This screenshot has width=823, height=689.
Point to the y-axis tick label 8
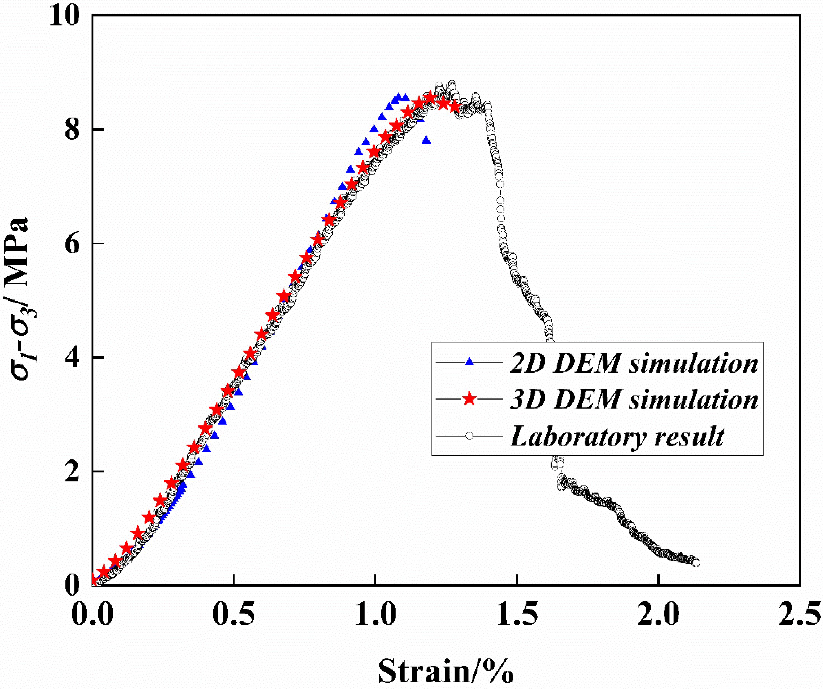72,129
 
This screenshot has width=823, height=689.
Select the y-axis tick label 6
72,243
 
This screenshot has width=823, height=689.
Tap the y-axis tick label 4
72,357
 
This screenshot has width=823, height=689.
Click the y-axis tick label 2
72,471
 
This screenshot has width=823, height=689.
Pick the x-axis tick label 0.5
233,614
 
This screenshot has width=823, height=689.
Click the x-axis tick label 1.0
375,614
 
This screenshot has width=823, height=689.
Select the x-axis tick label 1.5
517,614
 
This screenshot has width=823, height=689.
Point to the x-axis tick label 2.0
658,614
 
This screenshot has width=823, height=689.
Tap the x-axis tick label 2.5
799,614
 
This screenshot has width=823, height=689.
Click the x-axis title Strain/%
446,671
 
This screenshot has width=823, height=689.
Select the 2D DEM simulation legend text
634,363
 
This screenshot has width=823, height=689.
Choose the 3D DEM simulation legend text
634,400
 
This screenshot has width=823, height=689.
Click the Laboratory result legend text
617,436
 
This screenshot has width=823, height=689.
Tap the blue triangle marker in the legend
469,362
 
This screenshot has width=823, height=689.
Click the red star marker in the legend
469,399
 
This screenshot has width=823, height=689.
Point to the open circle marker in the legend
469,435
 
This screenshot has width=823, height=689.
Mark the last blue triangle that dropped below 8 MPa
426,141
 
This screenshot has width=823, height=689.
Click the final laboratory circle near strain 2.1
696,563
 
